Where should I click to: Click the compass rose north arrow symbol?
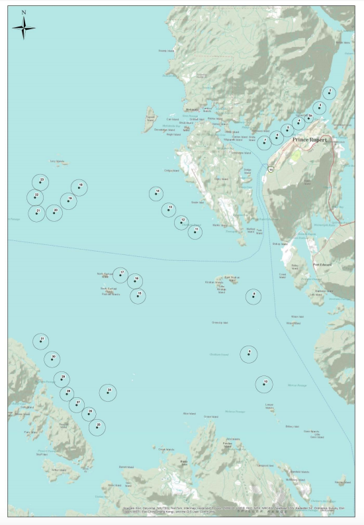coord(24,26)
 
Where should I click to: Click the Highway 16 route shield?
coord(271,169)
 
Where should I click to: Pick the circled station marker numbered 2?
coord(329,93)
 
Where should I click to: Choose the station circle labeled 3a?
coord(308,119)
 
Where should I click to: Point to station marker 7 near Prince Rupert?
coord(264,142)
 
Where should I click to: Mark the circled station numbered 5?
coord(287,130)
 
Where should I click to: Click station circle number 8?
coord(248,354)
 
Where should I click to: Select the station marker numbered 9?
coord(253,296)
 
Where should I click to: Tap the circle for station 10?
coord(264,384)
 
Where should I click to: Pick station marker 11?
coord(195,232)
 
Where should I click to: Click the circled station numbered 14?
coord(156,193)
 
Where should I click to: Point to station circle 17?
coord(120,275)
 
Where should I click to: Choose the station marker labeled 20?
coord(54,213)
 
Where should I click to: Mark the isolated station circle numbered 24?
coord(108,393)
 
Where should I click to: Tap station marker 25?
coord(97,427)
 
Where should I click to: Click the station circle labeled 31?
coord(41,341)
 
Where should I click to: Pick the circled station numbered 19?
coord(68,201)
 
